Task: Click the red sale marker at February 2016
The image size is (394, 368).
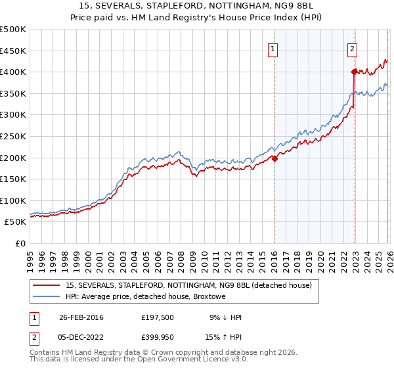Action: (x=274, y=158)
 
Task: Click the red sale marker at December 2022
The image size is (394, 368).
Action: (x=354, y=71)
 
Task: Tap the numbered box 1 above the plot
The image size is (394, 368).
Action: (x=273, y=48)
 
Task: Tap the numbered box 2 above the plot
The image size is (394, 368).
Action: (x=353, y=48)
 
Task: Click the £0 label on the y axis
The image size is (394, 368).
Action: (x=20, y=243)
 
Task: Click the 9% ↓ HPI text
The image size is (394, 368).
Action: (x=224, y=317)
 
